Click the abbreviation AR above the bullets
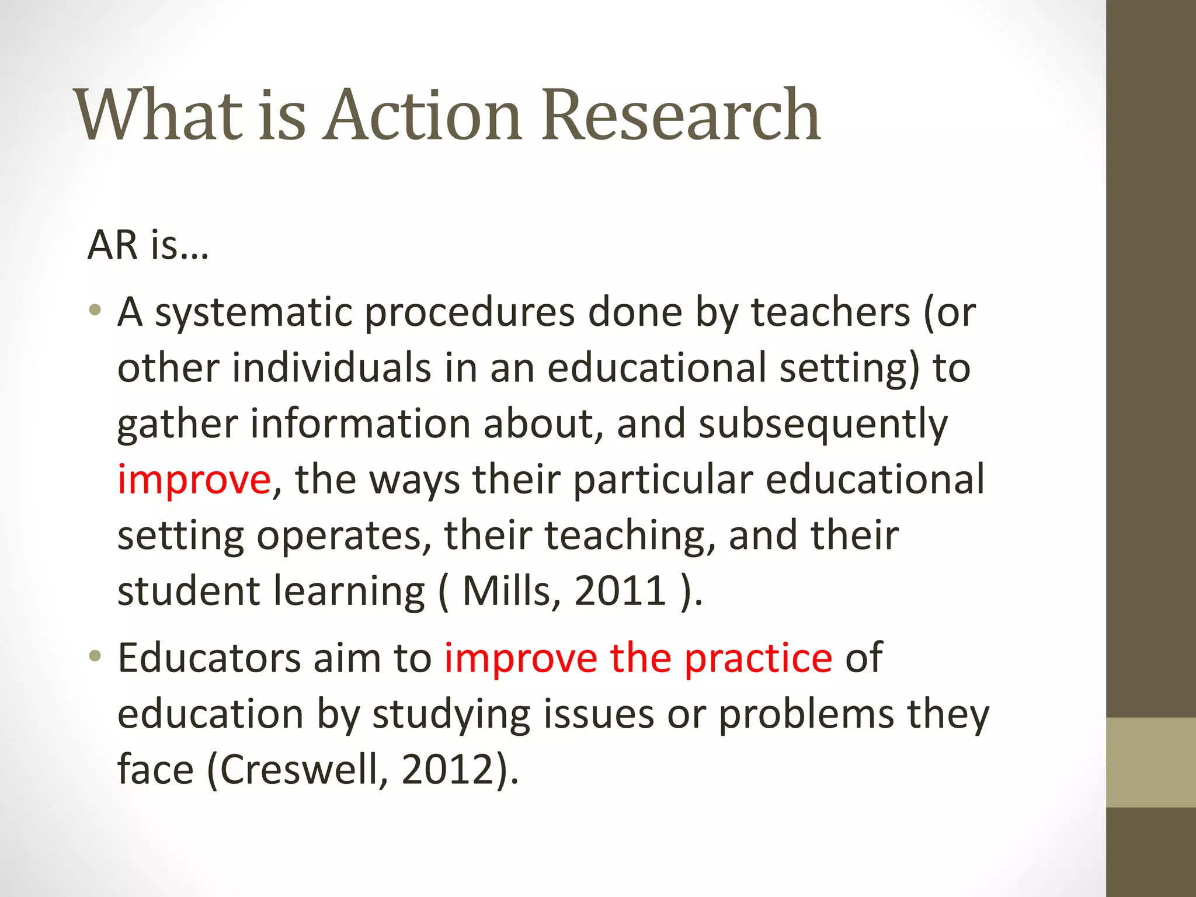click(113, 245)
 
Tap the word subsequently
click(823, 425)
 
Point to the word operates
click(339, 536)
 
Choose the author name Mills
click(506, 591)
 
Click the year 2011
click(620, 591)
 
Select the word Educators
click(208, 658)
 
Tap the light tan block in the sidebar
click(1150, 762)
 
